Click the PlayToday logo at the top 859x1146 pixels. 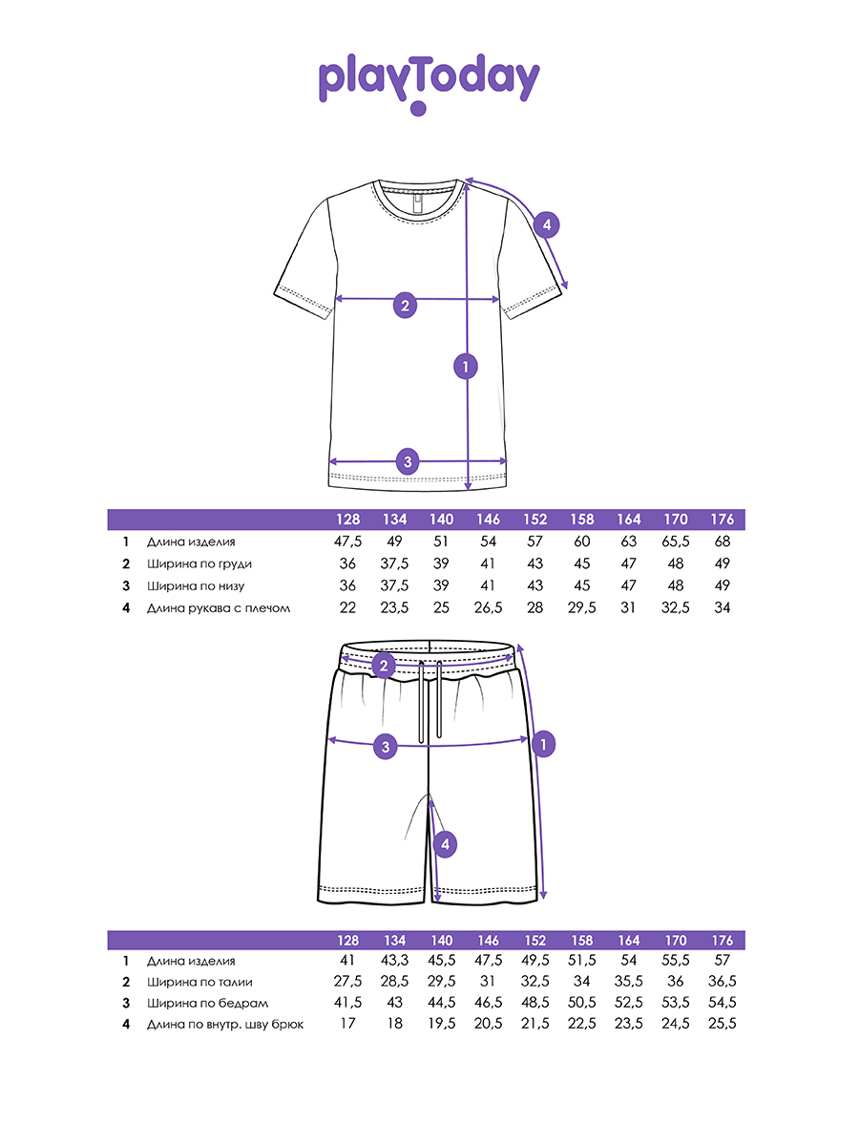pos(429,82)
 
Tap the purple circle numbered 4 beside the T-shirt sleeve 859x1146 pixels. pos(546,225)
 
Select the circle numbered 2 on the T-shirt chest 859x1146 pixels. pos(406,306)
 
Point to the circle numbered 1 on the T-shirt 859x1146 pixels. pos(465,366)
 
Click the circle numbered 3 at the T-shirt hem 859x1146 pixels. pos(408,462)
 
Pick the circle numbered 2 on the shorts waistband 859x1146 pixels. pos(384,666)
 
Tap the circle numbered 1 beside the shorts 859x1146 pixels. pos(543,744)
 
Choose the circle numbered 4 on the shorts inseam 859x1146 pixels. pos(445,844)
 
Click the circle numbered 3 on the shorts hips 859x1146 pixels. pos(386,747)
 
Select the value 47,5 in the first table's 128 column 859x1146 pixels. pos(348,541)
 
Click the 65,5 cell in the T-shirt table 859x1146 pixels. pos(676,541)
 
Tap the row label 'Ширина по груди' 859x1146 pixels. pos(199,563)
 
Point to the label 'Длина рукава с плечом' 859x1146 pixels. pos(218,607)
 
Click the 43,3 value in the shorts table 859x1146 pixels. pos(394,960)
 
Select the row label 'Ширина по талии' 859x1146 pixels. pos(199,982)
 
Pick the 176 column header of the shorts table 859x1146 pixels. pos(723,940)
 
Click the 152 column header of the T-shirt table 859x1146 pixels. pos(534,520)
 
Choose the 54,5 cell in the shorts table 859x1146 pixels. pos(723,1003)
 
